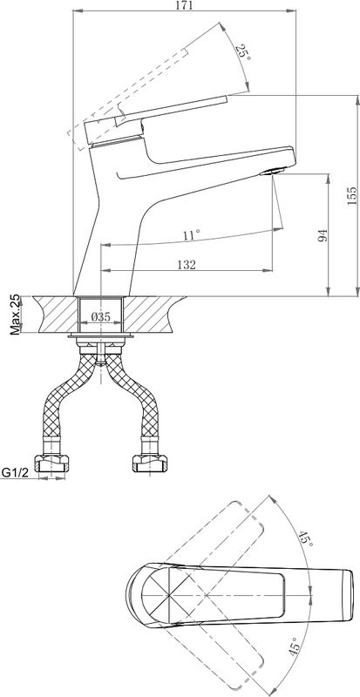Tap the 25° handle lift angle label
click(243, 52)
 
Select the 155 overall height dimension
click(352, 195)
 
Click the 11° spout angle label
click(192, 235)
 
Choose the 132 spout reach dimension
click(187, 265)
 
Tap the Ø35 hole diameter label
click(100, 317)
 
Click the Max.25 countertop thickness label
click(15, 314)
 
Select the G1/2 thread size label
click(15, 472)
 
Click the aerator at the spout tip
click(273, 172)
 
